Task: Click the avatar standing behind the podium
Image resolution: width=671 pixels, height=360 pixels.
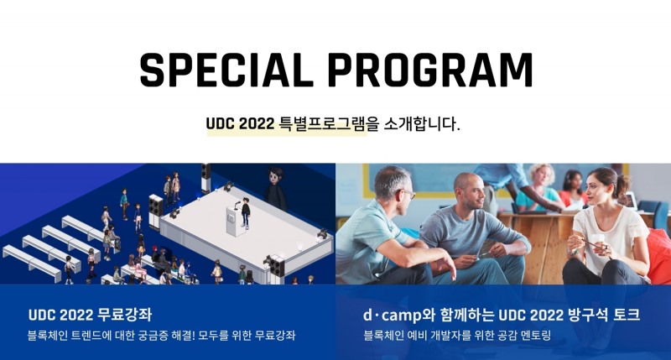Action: (x=246, y=211)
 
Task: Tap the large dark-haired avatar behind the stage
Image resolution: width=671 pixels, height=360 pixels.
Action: (x=274, y=185)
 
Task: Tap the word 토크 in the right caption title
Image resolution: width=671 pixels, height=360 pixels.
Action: (x=626, y=316)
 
